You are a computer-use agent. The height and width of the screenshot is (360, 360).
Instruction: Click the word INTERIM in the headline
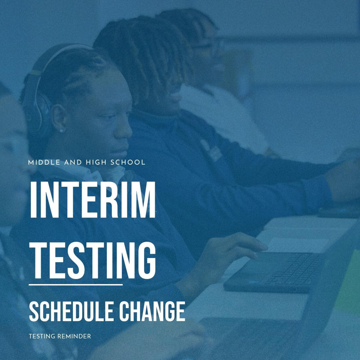[92, 199]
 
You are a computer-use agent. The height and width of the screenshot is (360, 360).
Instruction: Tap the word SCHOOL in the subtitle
[128, 163]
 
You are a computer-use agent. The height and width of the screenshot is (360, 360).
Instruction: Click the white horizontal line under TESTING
[76, 285]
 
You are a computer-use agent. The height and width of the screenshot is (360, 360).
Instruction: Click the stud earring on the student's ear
[62, 130]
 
